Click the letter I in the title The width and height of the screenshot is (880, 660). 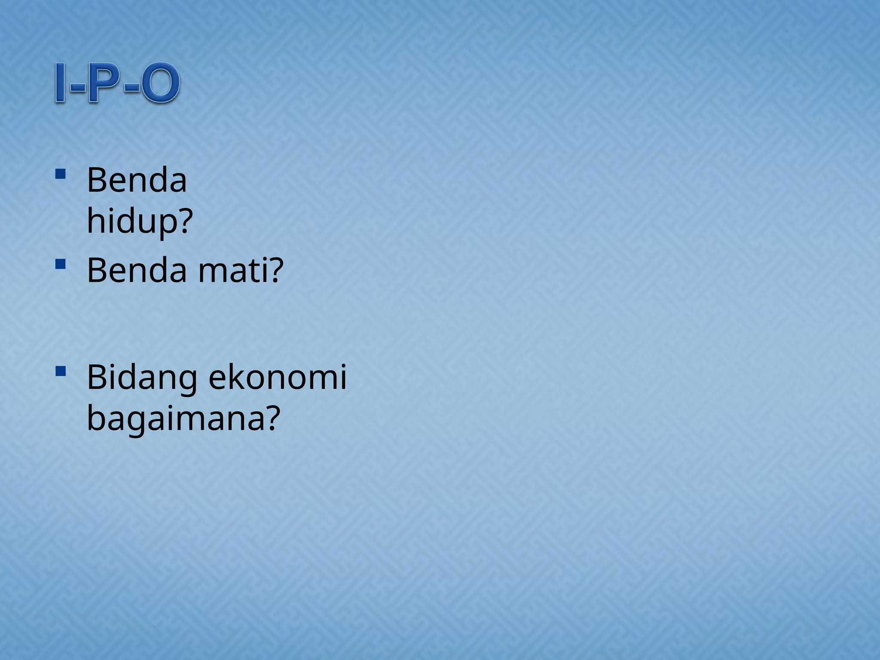tap(61, 83)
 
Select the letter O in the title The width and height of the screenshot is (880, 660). tap(159, 83)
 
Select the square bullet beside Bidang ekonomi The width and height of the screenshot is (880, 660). tap(60, 371)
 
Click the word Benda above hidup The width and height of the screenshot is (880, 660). tap(137, 180)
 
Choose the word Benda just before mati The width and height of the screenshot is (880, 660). tap(137, 271)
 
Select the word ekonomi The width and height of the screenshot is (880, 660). tap(277, 377)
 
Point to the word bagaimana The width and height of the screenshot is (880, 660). tap(176, 419)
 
